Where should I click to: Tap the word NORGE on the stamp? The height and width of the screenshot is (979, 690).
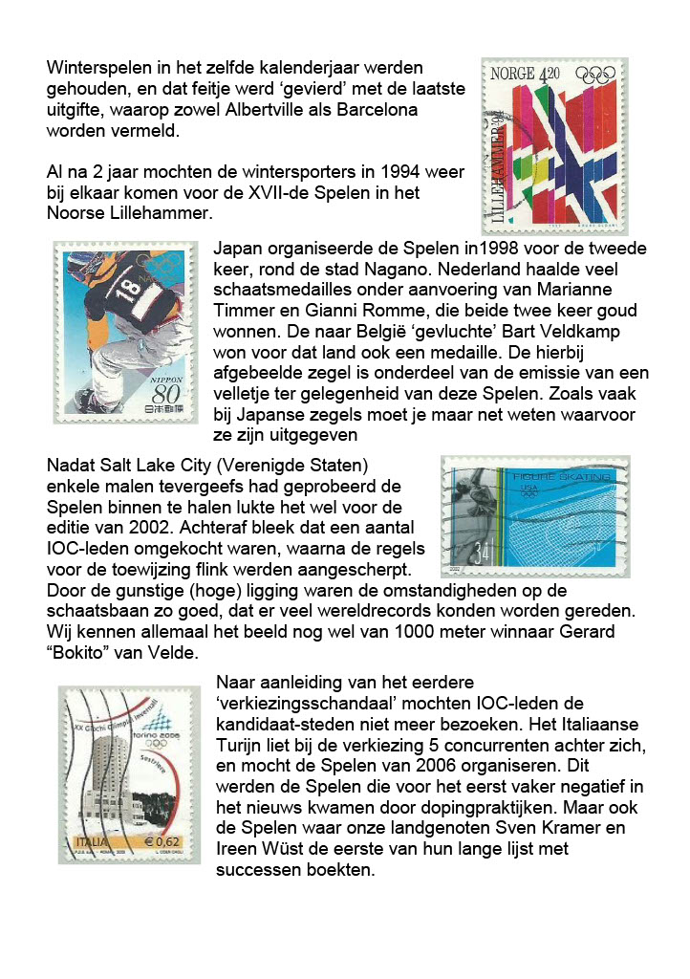(513, 75)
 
